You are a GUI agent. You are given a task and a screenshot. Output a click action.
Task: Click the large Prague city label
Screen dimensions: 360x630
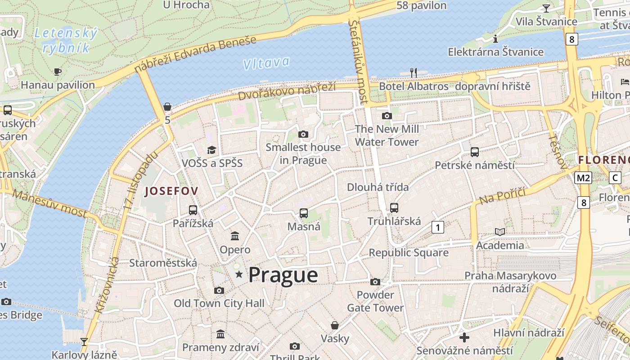coord(283,275)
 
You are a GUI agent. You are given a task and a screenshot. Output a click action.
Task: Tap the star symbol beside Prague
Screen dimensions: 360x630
coord(239,274)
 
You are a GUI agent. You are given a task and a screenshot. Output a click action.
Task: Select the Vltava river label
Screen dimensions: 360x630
coord(266,63)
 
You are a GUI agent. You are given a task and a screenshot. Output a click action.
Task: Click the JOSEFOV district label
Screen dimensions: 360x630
coord(171,191)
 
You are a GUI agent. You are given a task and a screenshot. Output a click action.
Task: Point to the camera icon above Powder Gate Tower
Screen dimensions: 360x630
coord(375,282)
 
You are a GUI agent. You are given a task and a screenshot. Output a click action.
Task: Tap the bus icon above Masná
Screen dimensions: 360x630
coord(304,213)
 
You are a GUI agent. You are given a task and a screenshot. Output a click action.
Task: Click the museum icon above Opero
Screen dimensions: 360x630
coord(235,236)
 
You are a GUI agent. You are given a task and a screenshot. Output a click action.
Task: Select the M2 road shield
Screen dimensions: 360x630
coord(583,178)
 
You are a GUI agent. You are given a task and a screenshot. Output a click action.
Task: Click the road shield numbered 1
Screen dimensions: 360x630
coord(437,227)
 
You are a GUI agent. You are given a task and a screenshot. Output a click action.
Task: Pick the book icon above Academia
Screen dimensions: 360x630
coord(500,232)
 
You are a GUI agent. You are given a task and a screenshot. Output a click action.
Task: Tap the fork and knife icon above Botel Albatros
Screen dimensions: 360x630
coord(414,72)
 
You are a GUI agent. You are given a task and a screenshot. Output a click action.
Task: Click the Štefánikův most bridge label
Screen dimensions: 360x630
coord(359,61)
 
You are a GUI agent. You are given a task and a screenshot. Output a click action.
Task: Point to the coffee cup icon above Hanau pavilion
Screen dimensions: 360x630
coord(58,72)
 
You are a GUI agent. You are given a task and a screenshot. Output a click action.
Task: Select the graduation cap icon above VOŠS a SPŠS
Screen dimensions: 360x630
coord(211,150)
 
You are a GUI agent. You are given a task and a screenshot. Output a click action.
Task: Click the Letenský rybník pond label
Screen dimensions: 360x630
coord(66,40)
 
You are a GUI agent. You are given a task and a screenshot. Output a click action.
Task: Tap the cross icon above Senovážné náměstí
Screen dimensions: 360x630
coord(464,337)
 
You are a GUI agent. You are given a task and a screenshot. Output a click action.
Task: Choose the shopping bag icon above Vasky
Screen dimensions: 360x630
coord(335,325)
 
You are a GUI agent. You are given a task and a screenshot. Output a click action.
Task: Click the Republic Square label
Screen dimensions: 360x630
coord(409,252)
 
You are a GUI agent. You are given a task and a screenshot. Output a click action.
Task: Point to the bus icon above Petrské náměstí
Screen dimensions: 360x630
coord(474,152)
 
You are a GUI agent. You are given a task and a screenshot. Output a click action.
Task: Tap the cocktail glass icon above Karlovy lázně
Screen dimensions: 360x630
coord(84,342)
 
